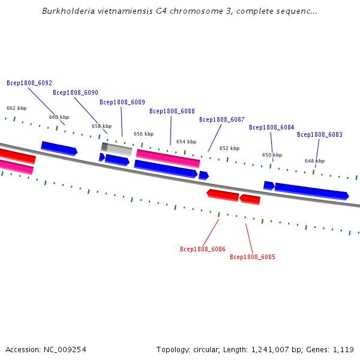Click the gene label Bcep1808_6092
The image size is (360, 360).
(x=29, y=83)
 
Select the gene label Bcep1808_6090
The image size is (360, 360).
(x=76, y=92)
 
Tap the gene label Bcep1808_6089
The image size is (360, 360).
(x=122, y=102)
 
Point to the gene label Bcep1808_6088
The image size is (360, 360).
(x=172, y=111)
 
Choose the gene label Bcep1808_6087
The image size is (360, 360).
(x=222, y=119)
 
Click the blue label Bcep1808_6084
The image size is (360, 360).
(x=272, y=127)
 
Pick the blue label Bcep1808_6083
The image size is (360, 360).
(x=320, y=134)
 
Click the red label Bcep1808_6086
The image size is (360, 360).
(x=203, y=249)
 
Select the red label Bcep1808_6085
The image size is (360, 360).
(x=253, y=257)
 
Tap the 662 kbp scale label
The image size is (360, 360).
(x=17, y=108)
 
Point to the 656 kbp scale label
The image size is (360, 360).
(x=144, y=134)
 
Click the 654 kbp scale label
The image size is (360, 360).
(x=186, y=142)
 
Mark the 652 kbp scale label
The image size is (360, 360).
(x=229, y=148)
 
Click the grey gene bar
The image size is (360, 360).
(x=116, y=149)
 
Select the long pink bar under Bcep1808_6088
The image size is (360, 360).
(x=168, y=158)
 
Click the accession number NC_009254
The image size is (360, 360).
(x=65, y=350)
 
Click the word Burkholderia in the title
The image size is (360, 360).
(x=68, y=11)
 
